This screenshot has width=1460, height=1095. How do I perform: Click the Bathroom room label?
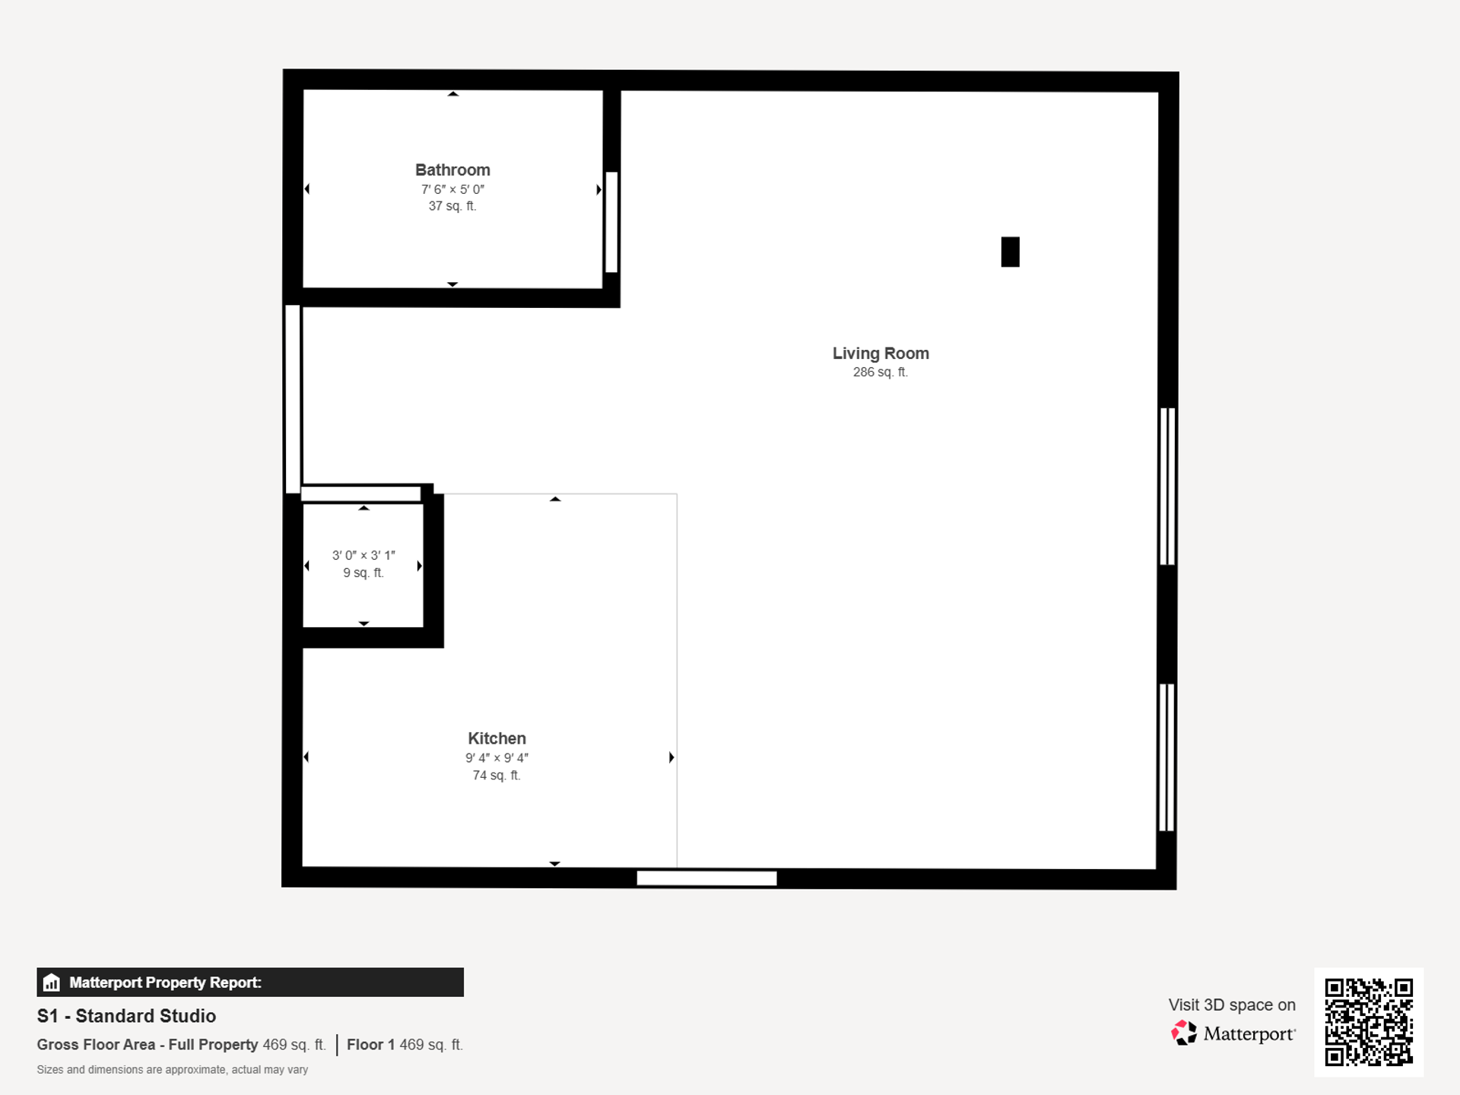[452, 170]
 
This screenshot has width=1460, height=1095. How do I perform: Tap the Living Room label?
[881, 354]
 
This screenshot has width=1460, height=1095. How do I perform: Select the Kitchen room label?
[497, 738]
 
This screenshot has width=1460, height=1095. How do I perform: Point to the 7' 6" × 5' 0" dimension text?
[452, 189]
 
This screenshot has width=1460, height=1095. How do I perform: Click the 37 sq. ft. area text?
[452, 206]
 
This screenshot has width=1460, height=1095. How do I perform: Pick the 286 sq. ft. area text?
[881, 373]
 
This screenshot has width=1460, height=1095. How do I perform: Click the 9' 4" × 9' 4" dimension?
[497, 758]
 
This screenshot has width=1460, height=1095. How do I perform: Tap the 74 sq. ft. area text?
[497, 776]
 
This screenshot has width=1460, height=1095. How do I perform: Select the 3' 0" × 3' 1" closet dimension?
[363, 556]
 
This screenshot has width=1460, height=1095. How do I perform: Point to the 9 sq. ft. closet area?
[363, 573]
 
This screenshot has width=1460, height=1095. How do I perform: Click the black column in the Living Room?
[1010, 252]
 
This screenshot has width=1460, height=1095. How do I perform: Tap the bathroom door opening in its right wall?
[611, 222]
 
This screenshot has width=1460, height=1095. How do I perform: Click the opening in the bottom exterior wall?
[706, 878]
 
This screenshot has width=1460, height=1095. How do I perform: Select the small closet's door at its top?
[361, 494]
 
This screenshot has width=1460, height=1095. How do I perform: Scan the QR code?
[1369, 1022]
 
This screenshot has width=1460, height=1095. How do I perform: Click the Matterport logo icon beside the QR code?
[1183, 1033]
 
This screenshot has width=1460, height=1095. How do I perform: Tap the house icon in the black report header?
[52, 982]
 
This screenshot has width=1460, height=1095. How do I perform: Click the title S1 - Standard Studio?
[126, 1016]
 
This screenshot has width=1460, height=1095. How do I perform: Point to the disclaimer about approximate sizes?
[173, 1070]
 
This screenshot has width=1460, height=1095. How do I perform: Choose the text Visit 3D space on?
[1232, 1005]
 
